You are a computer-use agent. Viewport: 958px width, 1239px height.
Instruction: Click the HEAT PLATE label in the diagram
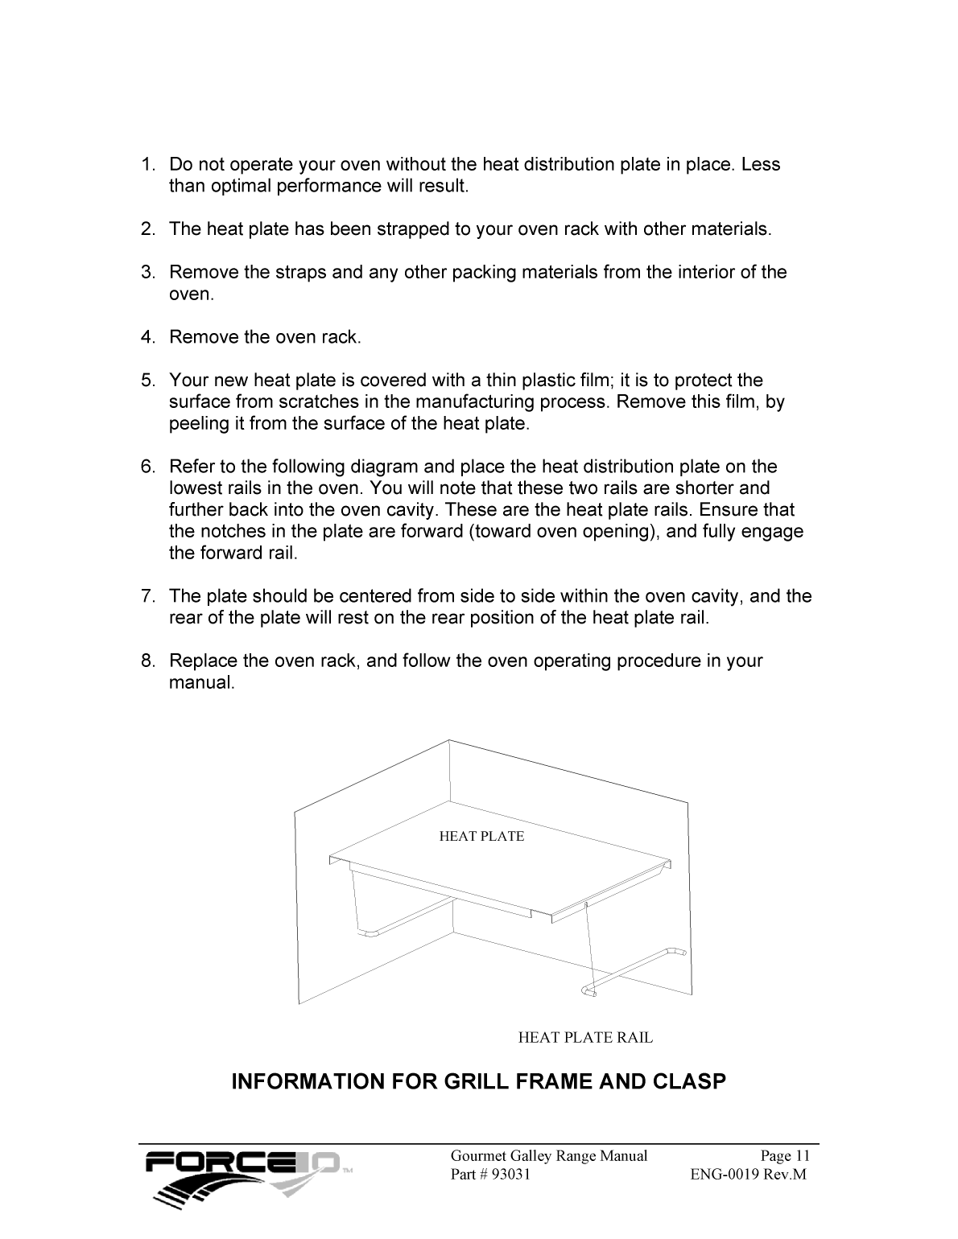pos(481,837)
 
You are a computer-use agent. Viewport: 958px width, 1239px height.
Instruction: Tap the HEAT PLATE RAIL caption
pos(585,1038)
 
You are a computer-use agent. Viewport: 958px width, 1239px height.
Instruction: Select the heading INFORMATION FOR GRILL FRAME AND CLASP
pos(478,1081)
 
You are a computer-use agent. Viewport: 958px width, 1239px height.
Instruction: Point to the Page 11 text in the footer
pos(785,1156)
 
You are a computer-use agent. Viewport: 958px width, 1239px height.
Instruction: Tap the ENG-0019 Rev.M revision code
pos(747,1175)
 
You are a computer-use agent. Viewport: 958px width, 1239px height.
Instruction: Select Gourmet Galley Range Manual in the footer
pos(548,1156)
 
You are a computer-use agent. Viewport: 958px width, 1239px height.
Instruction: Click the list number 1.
pos(147,165)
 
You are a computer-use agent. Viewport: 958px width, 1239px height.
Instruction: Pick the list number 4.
pos(147,337)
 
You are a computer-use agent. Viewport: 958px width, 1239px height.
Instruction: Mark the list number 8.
pos(147,661)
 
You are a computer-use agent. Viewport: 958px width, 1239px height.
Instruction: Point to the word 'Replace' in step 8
pos(198,661)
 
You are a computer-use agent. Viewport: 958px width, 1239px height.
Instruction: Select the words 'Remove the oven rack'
pos(264,337)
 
